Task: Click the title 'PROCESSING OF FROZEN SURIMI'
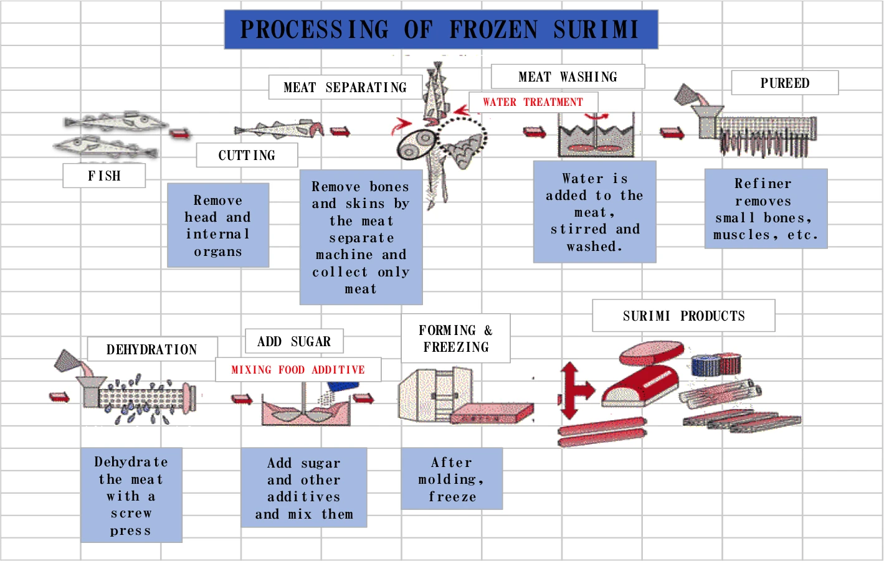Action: (441, 30)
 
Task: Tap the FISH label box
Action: (104, 176)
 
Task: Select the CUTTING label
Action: (247, 155)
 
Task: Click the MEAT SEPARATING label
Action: (345, 87)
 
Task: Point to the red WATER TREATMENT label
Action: (533, 102)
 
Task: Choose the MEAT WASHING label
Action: (568, 77)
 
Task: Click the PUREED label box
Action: (785, 83)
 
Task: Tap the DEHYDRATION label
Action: (152, 349)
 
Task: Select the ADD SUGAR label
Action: (295, 341)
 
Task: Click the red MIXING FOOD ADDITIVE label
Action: (298, 370)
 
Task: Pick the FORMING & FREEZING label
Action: (456, 339)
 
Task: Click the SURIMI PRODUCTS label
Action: (683, 316)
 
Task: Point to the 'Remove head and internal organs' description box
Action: (218, 225)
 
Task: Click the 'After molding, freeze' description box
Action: (452, 479)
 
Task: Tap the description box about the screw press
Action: (131, 495)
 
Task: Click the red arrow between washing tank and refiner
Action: (672, 133)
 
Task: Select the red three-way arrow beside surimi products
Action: (576, 390)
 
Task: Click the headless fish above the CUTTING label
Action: (279, 129)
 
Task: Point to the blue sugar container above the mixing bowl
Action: (344, 386)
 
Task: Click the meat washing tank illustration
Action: (596, 134)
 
